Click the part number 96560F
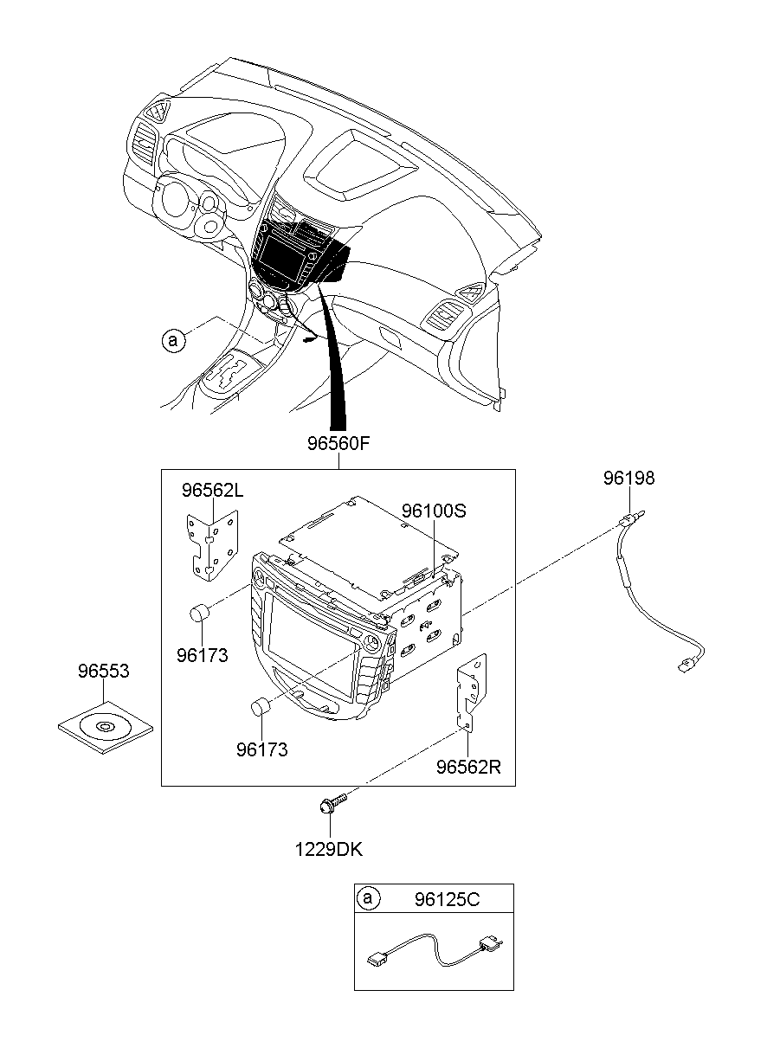click(338, 445)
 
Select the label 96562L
click(212, 491)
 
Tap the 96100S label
click(433, 511)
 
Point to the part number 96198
click(629, 478)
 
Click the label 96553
click(103, 671)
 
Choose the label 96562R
click(468, 766)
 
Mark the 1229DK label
click(328, 850)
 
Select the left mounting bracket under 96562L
click(212, 543)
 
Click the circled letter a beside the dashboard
click(173, 341)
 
